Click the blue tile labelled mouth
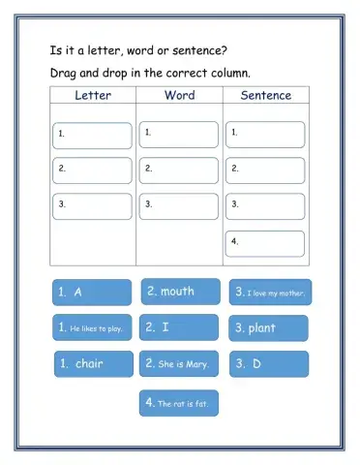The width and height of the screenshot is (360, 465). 180,292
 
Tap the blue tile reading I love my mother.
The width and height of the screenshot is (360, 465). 269,293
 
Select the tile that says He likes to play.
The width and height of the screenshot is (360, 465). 91,328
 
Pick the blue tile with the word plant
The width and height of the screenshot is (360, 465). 269,328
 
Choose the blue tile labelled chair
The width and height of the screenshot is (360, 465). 91,364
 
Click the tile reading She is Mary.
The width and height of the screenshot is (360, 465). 180,364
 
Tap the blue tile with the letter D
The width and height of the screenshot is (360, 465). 269,364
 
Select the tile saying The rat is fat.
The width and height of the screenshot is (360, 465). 180,402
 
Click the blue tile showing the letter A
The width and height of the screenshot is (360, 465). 91,293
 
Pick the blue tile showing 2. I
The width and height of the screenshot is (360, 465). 180,328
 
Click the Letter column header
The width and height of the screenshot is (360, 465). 93,95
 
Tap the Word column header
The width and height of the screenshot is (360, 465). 180,95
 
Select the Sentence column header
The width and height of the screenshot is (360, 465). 266,95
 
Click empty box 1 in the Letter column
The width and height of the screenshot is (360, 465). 93,135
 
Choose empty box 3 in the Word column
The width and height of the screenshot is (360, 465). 179,206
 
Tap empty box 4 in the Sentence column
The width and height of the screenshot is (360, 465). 265,242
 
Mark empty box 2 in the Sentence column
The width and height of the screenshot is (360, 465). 265,170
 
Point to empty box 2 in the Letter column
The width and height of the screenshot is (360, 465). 93,170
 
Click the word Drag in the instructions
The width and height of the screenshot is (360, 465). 64,73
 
